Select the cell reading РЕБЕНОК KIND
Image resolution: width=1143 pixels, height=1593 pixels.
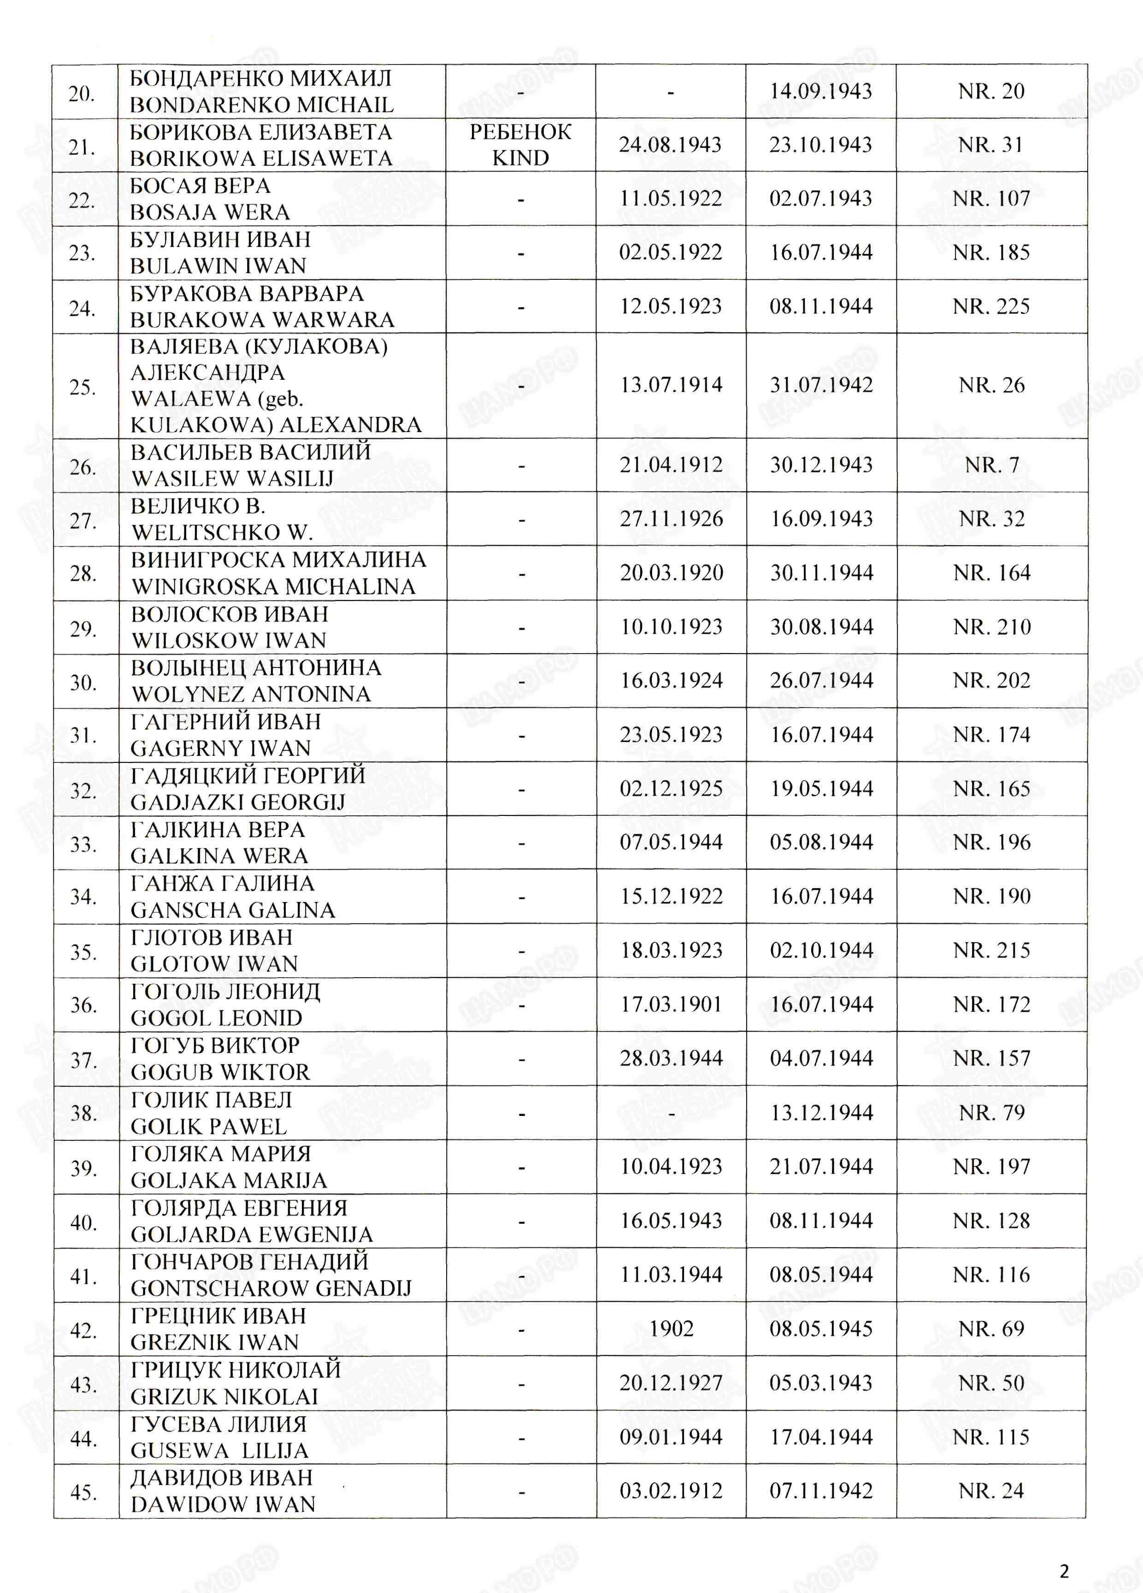pyautogui.click(x=520, y=145)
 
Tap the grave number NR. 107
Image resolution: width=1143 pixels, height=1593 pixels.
pyautogui.click(x=990, y=199)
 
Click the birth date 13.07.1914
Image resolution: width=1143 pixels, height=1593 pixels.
pyautogui.click(x=671, y=385)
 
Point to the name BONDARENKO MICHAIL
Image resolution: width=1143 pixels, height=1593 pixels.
pyautogui.click(x=262, y=105)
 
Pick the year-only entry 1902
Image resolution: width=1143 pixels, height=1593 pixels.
pyautogui.click(x=671, y=1328)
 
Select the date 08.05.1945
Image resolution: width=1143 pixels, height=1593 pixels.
pyautogui.click(x=821, y=1328)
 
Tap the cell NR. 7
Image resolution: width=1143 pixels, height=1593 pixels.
pyautogui.click(x=991, y=465)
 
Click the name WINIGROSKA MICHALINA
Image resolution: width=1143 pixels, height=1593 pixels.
pyautogui.click(x=274, y=586)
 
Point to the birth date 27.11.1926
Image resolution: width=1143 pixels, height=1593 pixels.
pyautogui.click(x=671, y=519)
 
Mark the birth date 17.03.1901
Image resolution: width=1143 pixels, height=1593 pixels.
pyautogui.click(x=671, y=1004)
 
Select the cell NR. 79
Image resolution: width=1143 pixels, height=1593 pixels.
pyautogui.click(x=991, y=1113)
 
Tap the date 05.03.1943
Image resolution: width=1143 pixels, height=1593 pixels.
pyautogui.click(x=821, y=1382)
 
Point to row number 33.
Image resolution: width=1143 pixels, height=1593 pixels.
pyautogui.click(x=83, y=844)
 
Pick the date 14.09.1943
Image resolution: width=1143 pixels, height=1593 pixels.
pyautogui.click(x=821, y=91)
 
